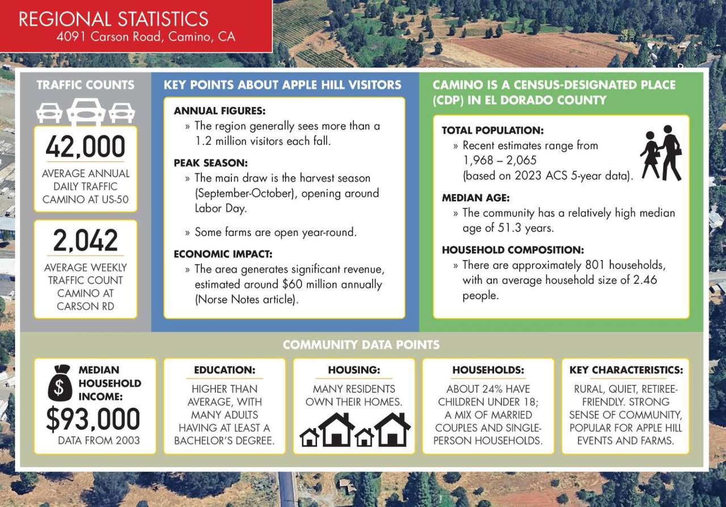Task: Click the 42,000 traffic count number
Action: tap(85, 147)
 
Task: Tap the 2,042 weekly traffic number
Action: tap(85, 241)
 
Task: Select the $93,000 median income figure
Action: tap(93, 419)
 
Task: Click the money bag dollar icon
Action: tap(60, 383)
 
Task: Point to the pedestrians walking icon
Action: tap(661, 153)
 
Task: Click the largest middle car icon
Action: tap(86, 112)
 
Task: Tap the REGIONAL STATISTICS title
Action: tap(113, 19)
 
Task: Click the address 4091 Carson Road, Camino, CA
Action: tap(146, 37)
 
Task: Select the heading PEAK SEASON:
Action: tap(210, 163)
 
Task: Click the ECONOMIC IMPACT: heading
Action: tap(223, 254)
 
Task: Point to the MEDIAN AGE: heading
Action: tap(475, 198)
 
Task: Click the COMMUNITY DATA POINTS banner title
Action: tap(361, 345)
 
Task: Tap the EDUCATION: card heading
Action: tap(225, 370)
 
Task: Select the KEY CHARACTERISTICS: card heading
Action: tap(626, 370)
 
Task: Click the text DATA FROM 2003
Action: tap(99, 440)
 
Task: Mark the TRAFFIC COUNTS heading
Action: tap(85, 85)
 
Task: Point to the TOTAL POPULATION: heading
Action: tap(492, 131)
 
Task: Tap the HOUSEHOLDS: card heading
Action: tap(488, 370)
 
